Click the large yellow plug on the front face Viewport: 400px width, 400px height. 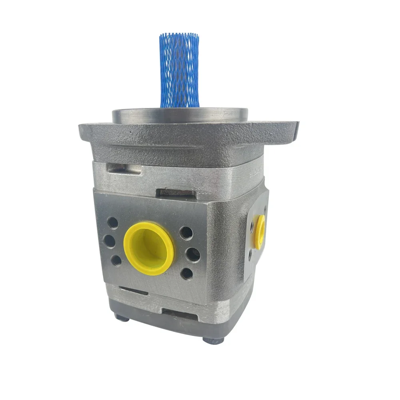point(149,248)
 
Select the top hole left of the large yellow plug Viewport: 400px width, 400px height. point(113,223)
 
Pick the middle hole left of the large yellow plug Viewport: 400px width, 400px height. point(109,241)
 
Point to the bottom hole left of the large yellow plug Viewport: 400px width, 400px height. point(116,260)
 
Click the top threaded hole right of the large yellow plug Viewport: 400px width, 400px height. point(186,233)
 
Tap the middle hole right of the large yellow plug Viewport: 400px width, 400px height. point(193,254)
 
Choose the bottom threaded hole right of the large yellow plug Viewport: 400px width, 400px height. point(186,274)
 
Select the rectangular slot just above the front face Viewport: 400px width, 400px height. point(178,192)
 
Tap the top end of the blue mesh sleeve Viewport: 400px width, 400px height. point(179,36)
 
